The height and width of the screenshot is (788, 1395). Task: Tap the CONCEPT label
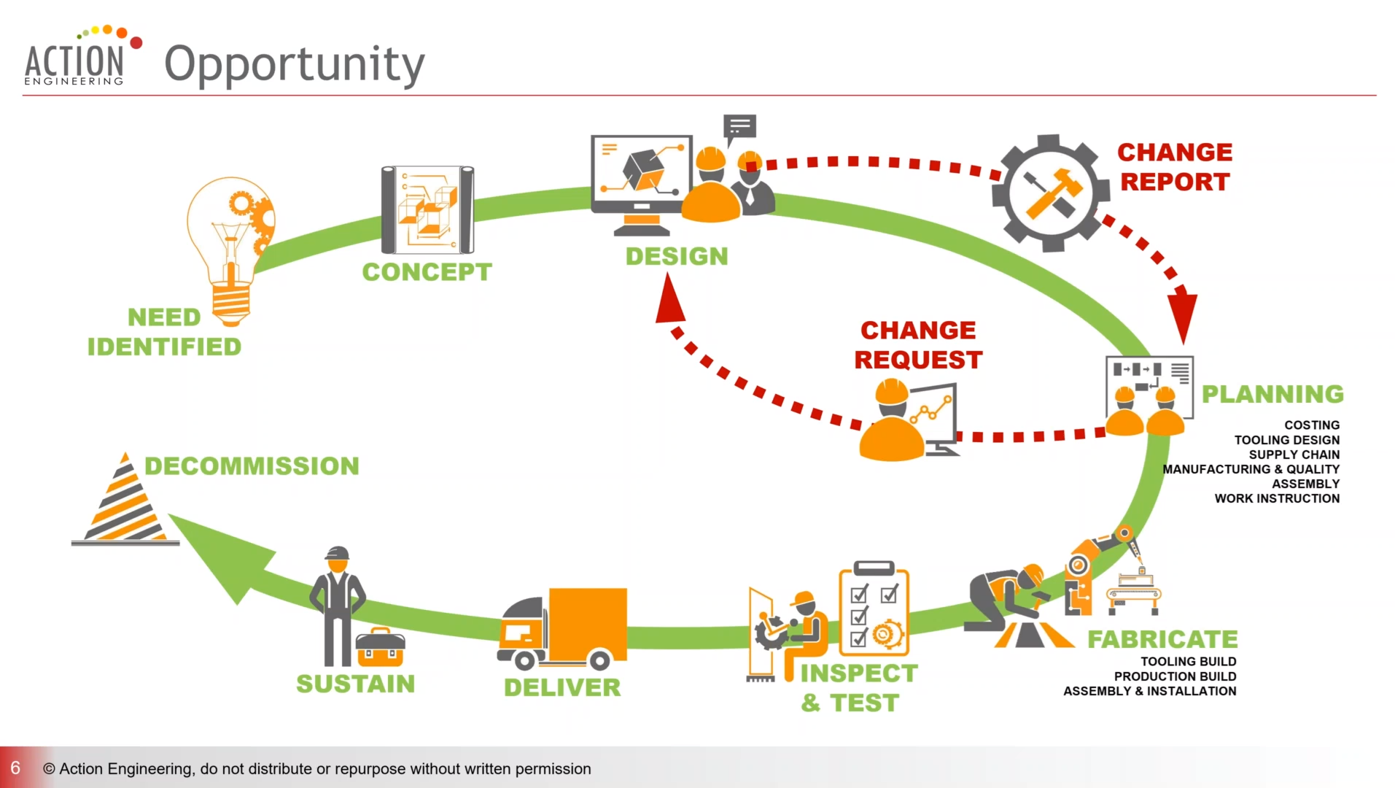(427, 272)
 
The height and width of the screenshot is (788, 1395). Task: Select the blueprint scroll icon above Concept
(427, 210)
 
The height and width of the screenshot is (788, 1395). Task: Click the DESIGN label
(677, 256)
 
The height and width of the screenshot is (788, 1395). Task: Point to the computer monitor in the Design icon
(641, 175)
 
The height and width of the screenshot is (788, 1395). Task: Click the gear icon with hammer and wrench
(1047, 193)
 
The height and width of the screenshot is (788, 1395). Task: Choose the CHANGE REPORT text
(1175, 167)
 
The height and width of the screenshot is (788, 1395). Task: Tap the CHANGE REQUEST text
(918, 345)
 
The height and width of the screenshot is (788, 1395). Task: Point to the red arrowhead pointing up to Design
(669, 299)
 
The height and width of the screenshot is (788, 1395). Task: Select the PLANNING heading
(1272, 394)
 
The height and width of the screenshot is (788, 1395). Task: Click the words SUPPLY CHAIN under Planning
(1294, 455)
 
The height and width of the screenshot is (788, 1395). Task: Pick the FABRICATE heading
(1162, 639)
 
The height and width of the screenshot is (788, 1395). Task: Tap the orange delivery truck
(563, 629)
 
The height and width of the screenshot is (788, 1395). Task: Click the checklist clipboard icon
(874, 609)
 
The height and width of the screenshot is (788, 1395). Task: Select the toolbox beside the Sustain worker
(380, 647)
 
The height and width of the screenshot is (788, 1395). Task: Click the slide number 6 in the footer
(15, 768)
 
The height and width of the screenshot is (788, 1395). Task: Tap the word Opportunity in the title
(294, 64)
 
